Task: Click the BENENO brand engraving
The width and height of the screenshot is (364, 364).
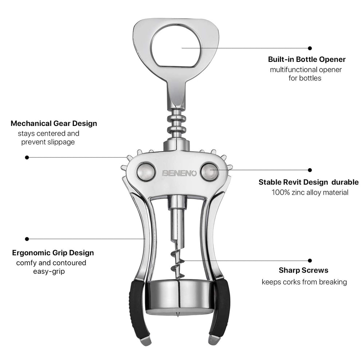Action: pyautogui.click(x=179, y=173)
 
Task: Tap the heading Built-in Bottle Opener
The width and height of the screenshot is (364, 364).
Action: pyautogui.click(x=306, y=59)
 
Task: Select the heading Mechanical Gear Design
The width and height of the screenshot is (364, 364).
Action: pyautogui.click(x=54, y=123)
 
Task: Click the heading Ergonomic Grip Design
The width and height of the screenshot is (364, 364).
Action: pyautogui.click(x=53, y=253)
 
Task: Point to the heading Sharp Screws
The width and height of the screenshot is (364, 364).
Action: pyautogui.click(x=304, y=270)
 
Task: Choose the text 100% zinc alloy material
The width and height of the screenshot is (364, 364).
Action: pyautogui.click(x=310, y=193)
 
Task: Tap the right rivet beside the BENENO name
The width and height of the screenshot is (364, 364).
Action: pyautogui.click(x=210, y=172)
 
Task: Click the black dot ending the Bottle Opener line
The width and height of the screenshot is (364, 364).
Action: pyautogui.click(x=310, y=48)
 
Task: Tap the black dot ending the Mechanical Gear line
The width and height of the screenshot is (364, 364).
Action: pyautogui.click(x=27, y=157)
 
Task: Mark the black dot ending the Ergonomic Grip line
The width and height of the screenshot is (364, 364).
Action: pyautogui.click(x=27, y=239)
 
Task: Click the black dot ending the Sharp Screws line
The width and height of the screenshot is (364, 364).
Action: pyautogui.click(x=310, y=260)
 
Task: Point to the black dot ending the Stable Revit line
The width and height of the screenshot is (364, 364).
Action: pyautogui.click(x=310, y=170)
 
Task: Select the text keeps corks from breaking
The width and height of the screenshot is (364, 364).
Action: pyautogui.click(x=304, y=282)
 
